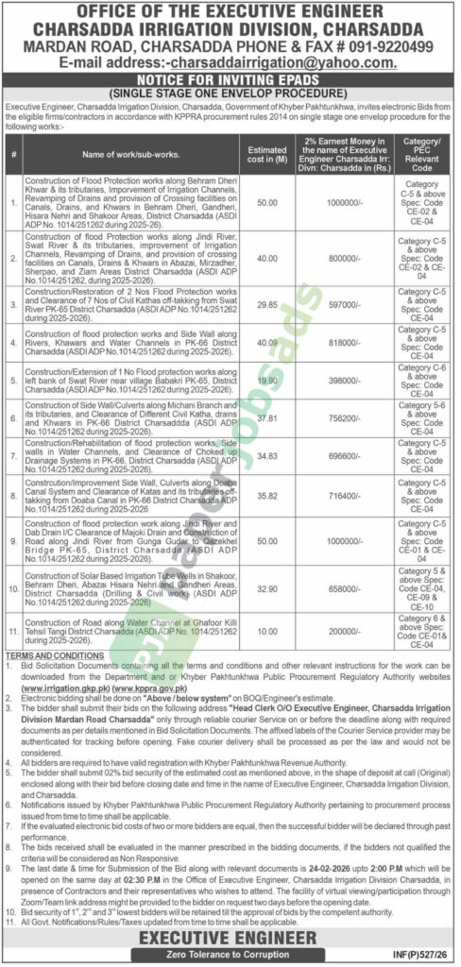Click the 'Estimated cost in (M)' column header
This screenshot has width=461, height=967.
(x=260, y=154)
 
